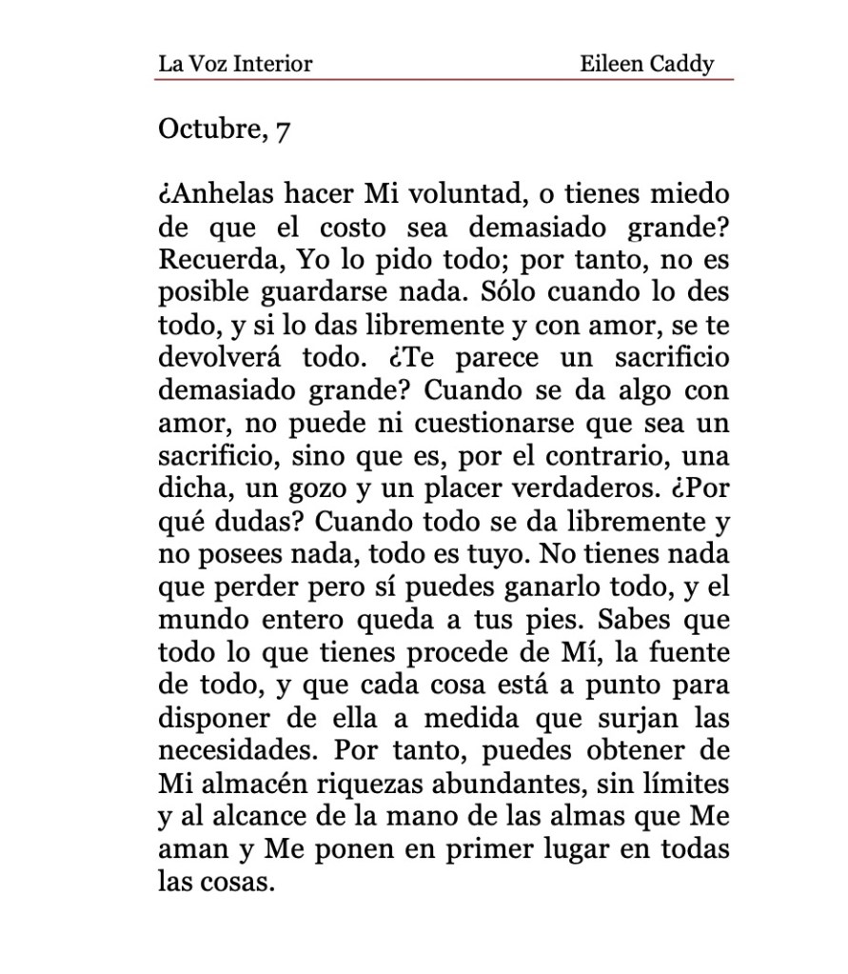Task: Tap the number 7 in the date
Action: pos(282,129)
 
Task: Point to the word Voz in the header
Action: pos(206,65)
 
